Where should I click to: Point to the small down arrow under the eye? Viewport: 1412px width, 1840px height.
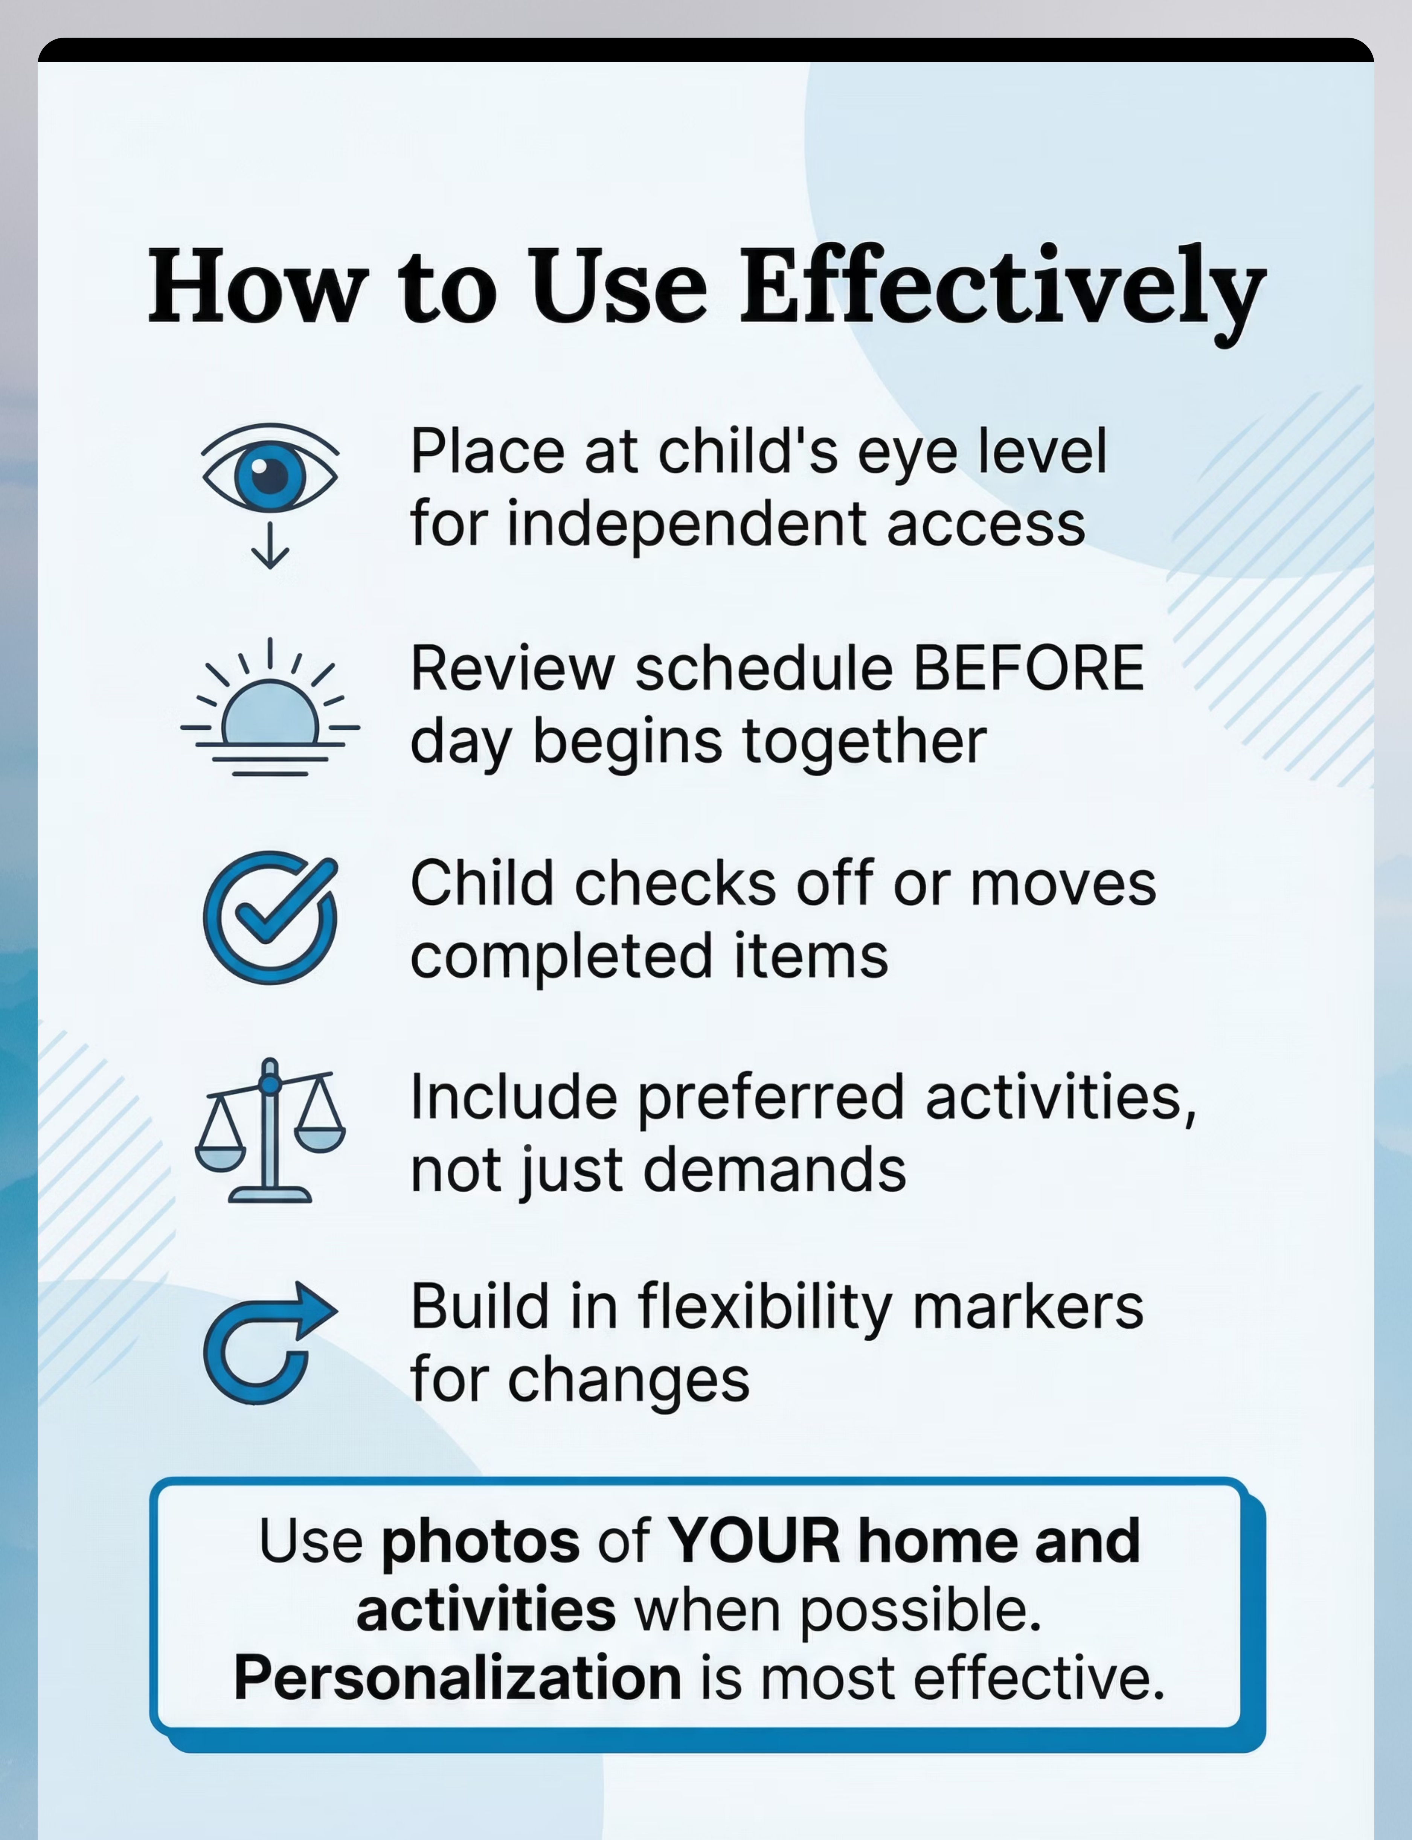[270, 544]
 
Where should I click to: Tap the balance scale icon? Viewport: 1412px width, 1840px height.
[270, 1130]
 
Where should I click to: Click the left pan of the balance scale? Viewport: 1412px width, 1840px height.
[221, 1156]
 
